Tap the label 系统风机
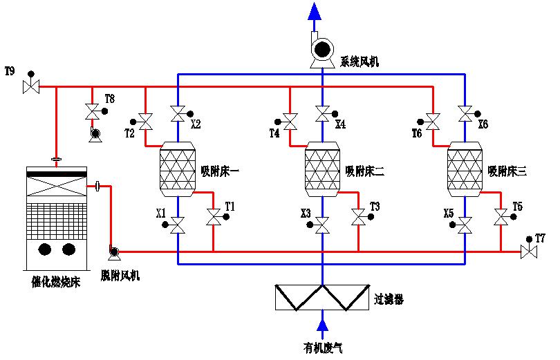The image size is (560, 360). (x=359, y=62)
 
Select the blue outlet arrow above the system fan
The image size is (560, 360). (x=315, y=11)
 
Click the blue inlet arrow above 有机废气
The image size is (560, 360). (x=322, y=323)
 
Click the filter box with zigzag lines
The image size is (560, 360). (x=322, y=297)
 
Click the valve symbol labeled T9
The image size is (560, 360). (x=30, y=87)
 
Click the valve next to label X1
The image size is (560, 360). (x=178, y=225)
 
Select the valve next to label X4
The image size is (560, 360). (x=322, y=112)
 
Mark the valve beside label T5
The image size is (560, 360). (x=501, y=218)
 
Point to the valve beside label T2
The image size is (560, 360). (x=146, y=122)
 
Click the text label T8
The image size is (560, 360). (x=109, y=99)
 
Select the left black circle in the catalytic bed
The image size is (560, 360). (x=45, y=249)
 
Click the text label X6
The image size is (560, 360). (x=483, y=125)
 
